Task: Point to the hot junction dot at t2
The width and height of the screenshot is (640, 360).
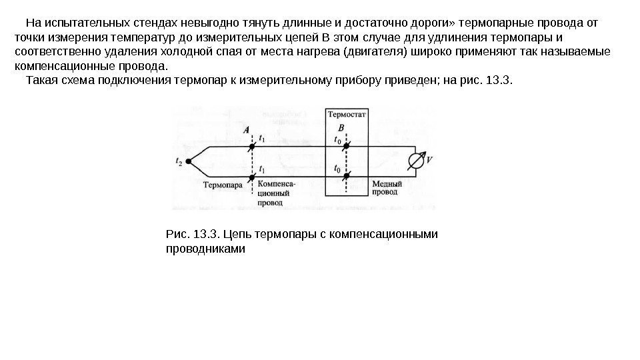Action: click(x=189, y=161)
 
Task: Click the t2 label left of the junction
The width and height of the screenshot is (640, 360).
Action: click(x=179, y=161)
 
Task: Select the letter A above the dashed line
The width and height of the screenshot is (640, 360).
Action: click(x=247, y=131)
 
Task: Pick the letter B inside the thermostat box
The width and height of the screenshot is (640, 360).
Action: click(x=341, y=127)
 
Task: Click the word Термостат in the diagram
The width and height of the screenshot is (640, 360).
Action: click(x=346, y=114)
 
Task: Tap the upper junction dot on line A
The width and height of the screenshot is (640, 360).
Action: click(x=253, y=146)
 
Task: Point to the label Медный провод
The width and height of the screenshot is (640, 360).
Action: click(x=386, y=187)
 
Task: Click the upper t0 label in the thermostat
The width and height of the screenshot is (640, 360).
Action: click(x=337, y=141)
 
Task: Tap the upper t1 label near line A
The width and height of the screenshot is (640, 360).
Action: click(x=262, y=139)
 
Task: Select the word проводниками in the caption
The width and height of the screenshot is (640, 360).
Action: click(x=205, y=249)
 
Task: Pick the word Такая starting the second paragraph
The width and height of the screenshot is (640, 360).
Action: click(x=41, y=81)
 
